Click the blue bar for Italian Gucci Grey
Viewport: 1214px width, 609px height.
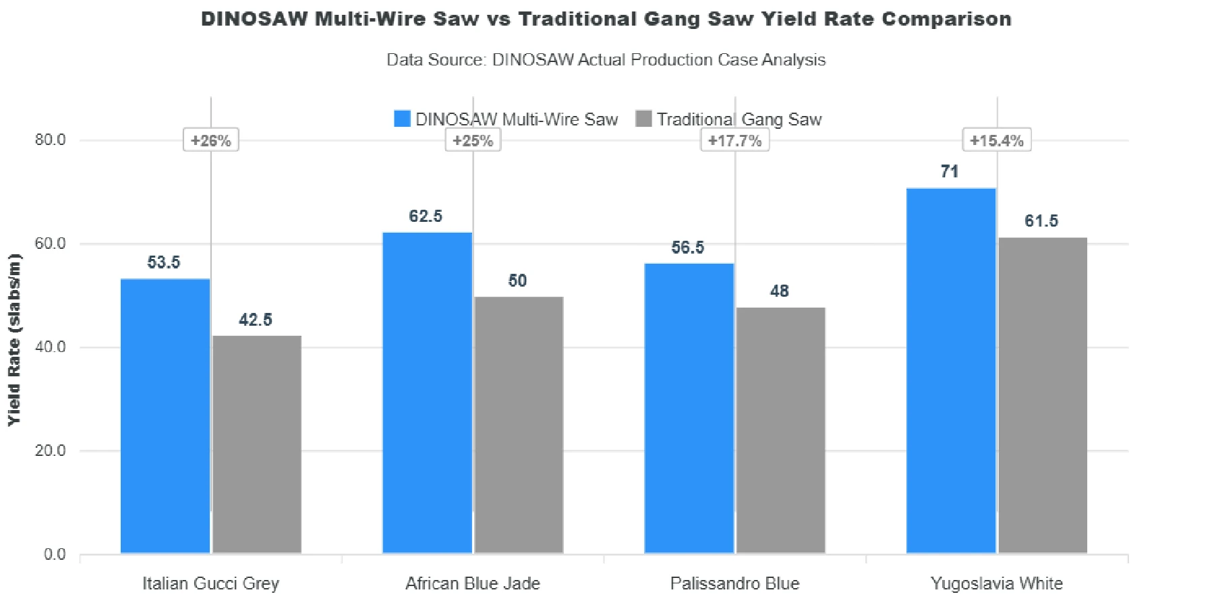click(x=165, y=416)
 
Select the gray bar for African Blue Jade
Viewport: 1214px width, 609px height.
click(x=519, y=425)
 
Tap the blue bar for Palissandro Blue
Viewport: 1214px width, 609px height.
click(x=689, y=408)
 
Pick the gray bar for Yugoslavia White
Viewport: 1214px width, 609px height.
click(x=1043, y=395)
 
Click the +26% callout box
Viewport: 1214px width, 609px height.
click(x=211, y=140)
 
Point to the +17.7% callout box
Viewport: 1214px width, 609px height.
click(x=734, y=140)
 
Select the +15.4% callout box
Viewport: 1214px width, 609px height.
click(x=996, y=140)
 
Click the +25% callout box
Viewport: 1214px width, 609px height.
click(x=473, y=140)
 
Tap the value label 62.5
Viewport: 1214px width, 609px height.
click(x=426, y=216)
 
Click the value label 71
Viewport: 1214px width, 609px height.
click(x=950, y=172)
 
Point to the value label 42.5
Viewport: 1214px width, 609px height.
click(x=256, y=320)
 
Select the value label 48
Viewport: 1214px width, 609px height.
click(x=780, y=291)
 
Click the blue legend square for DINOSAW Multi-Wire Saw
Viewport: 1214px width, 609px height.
click(x=402, y=119)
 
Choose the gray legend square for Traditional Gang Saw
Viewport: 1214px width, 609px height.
click(x=644, y=119)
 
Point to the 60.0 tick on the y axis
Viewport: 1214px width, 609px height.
click(x=51, y=243)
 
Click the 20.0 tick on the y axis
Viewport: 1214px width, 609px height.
click(x=51, y=451)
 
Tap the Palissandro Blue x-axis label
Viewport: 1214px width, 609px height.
click(x=734, y=583)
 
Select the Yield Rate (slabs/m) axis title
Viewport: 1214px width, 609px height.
click(x=14, y=340)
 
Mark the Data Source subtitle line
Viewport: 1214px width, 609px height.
click(x=606, y=60)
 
